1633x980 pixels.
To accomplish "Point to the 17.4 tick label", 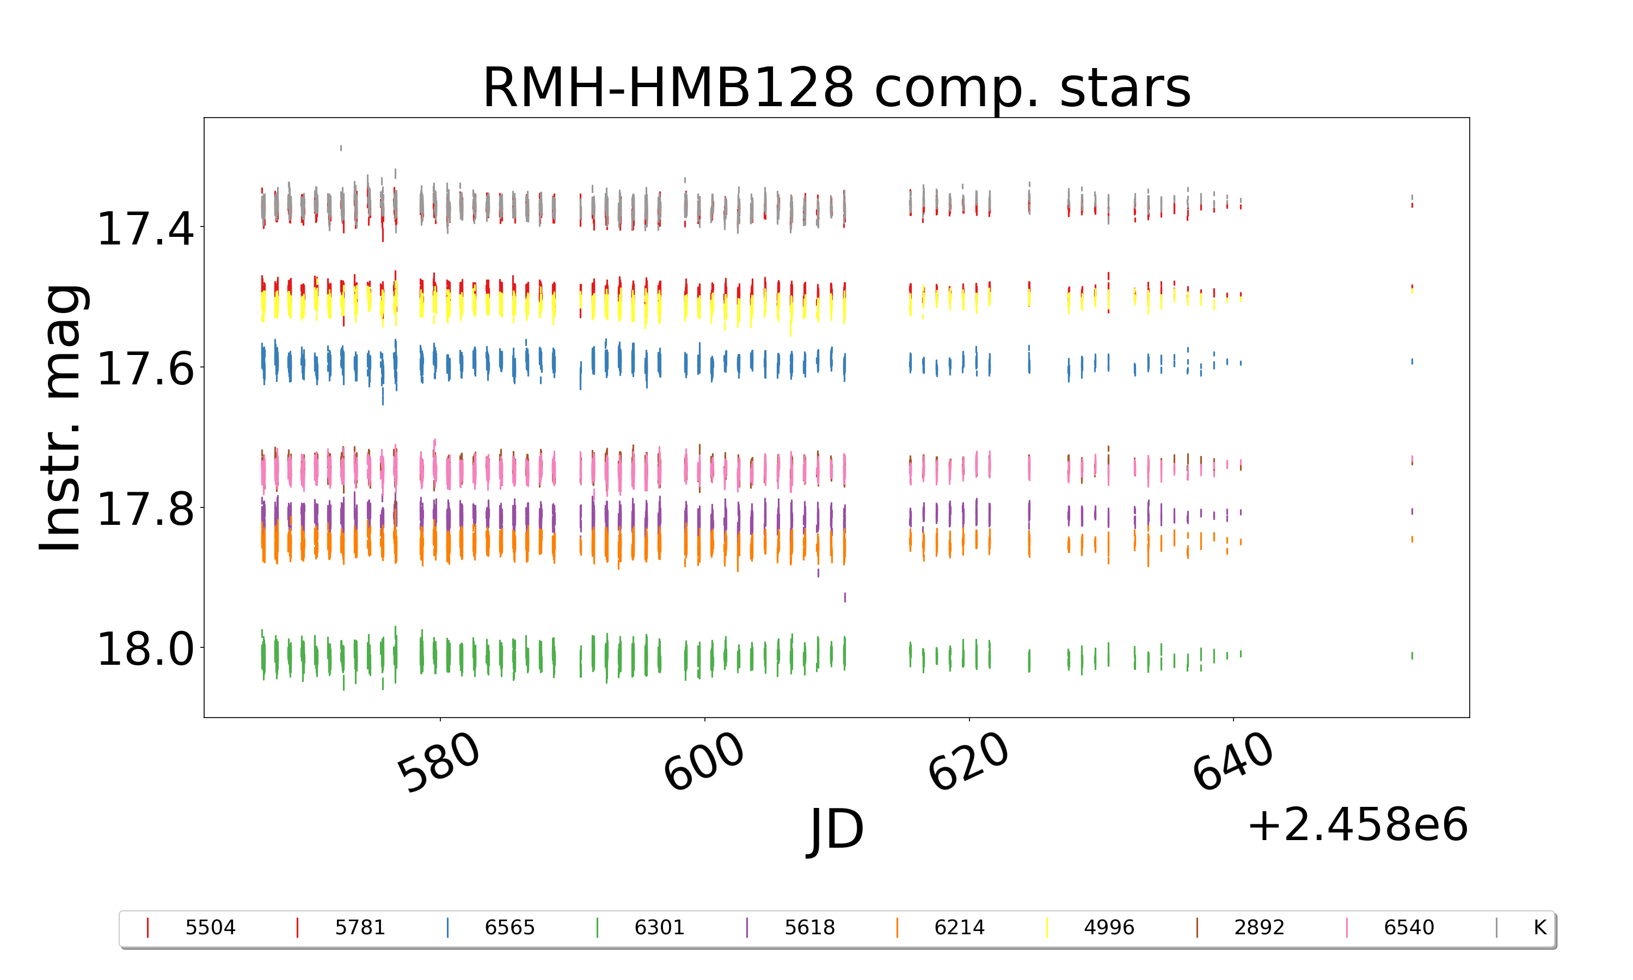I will pyautogui.click(x=146, y=229).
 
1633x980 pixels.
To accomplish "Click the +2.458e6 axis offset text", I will pyautogui.click(x=1357, y=825).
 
